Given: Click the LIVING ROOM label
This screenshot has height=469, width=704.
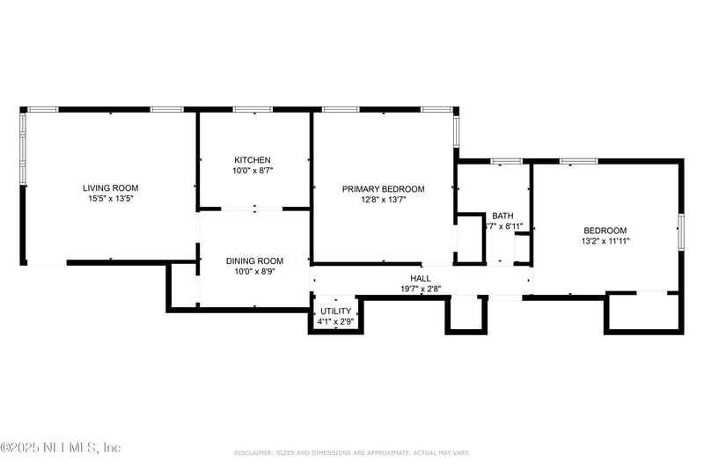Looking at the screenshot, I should (x=110, y=187).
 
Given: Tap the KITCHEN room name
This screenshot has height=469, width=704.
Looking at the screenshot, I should (x=252, y=160).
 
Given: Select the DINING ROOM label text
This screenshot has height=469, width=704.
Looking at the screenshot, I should (x=254, y=260).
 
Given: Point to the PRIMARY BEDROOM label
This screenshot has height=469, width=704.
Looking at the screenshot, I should (x=383, y=189).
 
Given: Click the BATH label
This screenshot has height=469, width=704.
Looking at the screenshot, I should (x=502, y=216).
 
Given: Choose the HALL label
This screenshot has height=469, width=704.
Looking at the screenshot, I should (x=421, y=278).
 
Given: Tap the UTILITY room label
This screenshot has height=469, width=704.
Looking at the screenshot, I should (x=335, y=311).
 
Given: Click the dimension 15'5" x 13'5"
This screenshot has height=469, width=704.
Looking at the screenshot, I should (x=110, y=199).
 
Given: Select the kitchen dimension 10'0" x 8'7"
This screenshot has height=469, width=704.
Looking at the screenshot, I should (x=252, y=171).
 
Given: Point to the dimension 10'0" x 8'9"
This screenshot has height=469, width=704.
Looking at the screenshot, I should (x=254, y=272).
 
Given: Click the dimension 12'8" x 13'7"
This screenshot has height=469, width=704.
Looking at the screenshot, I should (x=383, y=200).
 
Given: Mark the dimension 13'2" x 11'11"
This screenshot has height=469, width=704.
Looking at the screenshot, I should (x=605, y=240).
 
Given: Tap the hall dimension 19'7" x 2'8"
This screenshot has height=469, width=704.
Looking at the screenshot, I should (x=421, y=289).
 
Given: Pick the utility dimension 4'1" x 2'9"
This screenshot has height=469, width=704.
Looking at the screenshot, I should (x=335, y=321).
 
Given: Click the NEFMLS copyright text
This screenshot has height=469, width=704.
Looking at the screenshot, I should (x=61, y=448).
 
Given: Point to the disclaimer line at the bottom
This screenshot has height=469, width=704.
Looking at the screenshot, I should (x=352, y=452).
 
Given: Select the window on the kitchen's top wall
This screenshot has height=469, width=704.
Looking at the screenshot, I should (x=252, y=109).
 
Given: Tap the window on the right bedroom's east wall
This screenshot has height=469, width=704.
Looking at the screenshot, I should (x=680, y=231).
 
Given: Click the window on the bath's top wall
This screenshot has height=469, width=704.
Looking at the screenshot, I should (x=506, y=161).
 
